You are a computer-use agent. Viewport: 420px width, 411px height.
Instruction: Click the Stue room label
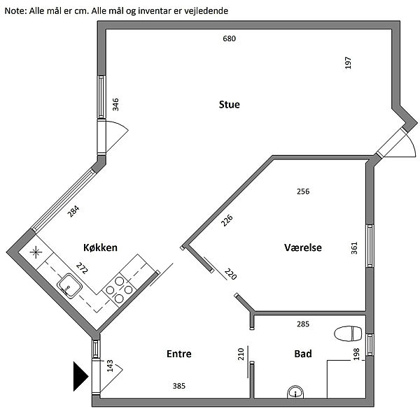pos(230,105)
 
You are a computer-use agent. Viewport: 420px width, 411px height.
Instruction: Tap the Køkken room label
pos(99,247)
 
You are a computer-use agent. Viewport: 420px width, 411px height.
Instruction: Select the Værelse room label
pos(303,247)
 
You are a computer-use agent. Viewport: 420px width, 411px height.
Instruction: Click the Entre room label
pos(178,354)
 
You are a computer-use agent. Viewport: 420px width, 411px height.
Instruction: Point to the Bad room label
pos(303,354)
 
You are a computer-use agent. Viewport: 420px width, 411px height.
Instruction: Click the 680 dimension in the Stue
pos(229,38)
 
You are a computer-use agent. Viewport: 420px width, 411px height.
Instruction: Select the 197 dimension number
pos(348,62)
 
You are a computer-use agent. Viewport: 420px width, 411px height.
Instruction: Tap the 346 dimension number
pos(116,105)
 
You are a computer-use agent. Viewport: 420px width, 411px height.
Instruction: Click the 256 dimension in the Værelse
pos(303,191)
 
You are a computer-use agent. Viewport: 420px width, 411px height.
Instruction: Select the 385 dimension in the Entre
pos(178,386)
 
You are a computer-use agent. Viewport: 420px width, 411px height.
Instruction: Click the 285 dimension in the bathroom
pos(303,324)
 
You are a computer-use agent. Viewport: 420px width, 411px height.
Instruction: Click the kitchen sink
pos(69,284)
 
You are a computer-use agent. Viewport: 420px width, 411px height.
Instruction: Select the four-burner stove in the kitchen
pos(119,289)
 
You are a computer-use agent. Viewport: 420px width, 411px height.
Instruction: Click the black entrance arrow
pos(79,376)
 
